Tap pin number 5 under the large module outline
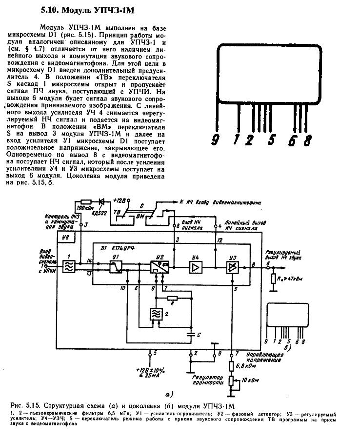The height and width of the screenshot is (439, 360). point(271,141)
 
